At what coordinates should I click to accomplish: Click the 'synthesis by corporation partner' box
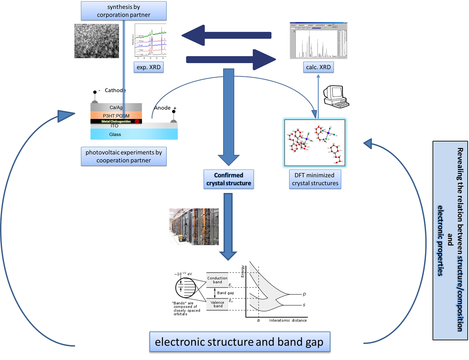click(123, 11)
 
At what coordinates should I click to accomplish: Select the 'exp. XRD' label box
click(148, 67)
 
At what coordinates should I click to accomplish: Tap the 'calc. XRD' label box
click(318, 67)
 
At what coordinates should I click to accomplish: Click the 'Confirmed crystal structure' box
click(229, 179)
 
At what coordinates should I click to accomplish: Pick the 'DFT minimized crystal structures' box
click(315, 179)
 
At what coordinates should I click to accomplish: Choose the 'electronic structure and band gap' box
click(239, 342)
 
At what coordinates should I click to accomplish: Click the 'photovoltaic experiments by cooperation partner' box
click(123, 156)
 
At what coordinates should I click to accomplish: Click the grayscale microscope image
click(97, 41)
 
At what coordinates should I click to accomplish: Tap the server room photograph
click(194, 226)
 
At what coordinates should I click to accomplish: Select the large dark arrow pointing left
click(226, 35)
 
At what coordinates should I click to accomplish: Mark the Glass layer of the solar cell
click(134, 134)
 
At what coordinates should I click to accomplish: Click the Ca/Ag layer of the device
click(116, 107)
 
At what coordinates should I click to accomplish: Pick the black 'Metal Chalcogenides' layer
click(116, 121)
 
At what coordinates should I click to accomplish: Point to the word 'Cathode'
click(115, 90)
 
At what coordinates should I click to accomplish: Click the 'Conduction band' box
click(217, 280)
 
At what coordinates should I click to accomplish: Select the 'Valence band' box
click(217, 304)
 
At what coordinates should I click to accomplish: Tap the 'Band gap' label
click(226, 293)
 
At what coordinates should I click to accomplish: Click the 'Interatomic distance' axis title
click(288, 320)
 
